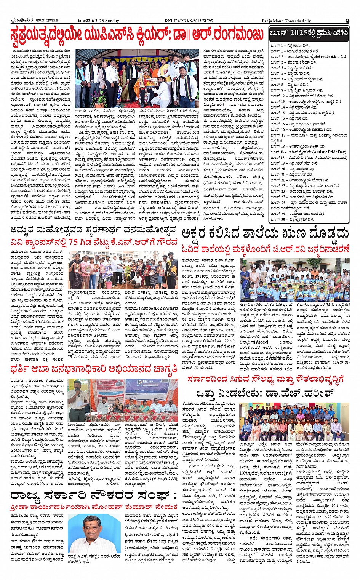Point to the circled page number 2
(347, 21)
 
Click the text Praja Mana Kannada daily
(286, 21)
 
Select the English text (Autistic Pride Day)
(328, 152)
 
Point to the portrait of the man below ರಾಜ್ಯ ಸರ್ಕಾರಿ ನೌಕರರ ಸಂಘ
(89, 533)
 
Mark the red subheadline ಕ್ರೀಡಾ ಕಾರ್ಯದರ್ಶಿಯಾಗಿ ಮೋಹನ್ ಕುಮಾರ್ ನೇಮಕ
(94, 507)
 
